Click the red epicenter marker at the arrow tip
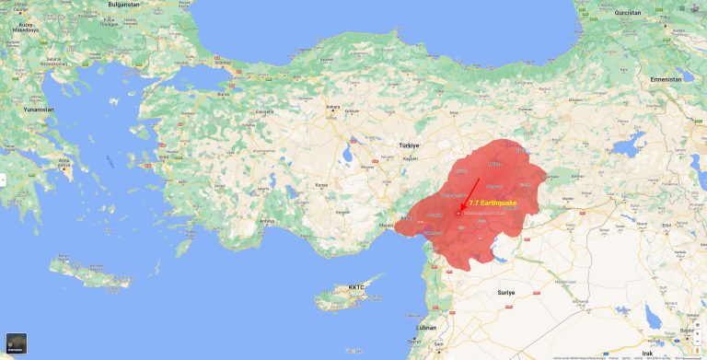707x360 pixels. (458, 214)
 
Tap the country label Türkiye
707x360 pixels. (408, 145)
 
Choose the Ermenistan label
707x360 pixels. (666, 79)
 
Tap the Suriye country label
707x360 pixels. (505, 292)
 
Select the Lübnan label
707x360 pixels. (426, 327)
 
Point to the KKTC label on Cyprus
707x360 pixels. (356, 287)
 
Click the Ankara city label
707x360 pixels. (333, 108)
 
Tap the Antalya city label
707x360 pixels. (268, 220)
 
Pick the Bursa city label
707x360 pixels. (222, 94)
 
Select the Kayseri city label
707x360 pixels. (411, 159)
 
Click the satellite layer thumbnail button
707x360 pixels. (16, 343)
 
